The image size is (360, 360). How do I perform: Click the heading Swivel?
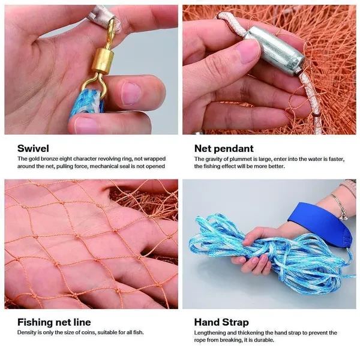[33, 148]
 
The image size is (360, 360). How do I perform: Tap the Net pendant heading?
[224, 149]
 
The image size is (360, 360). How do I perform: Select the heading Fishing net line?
[54, 322]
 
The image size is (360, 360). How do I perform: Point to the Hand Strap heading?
[221, 322]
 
